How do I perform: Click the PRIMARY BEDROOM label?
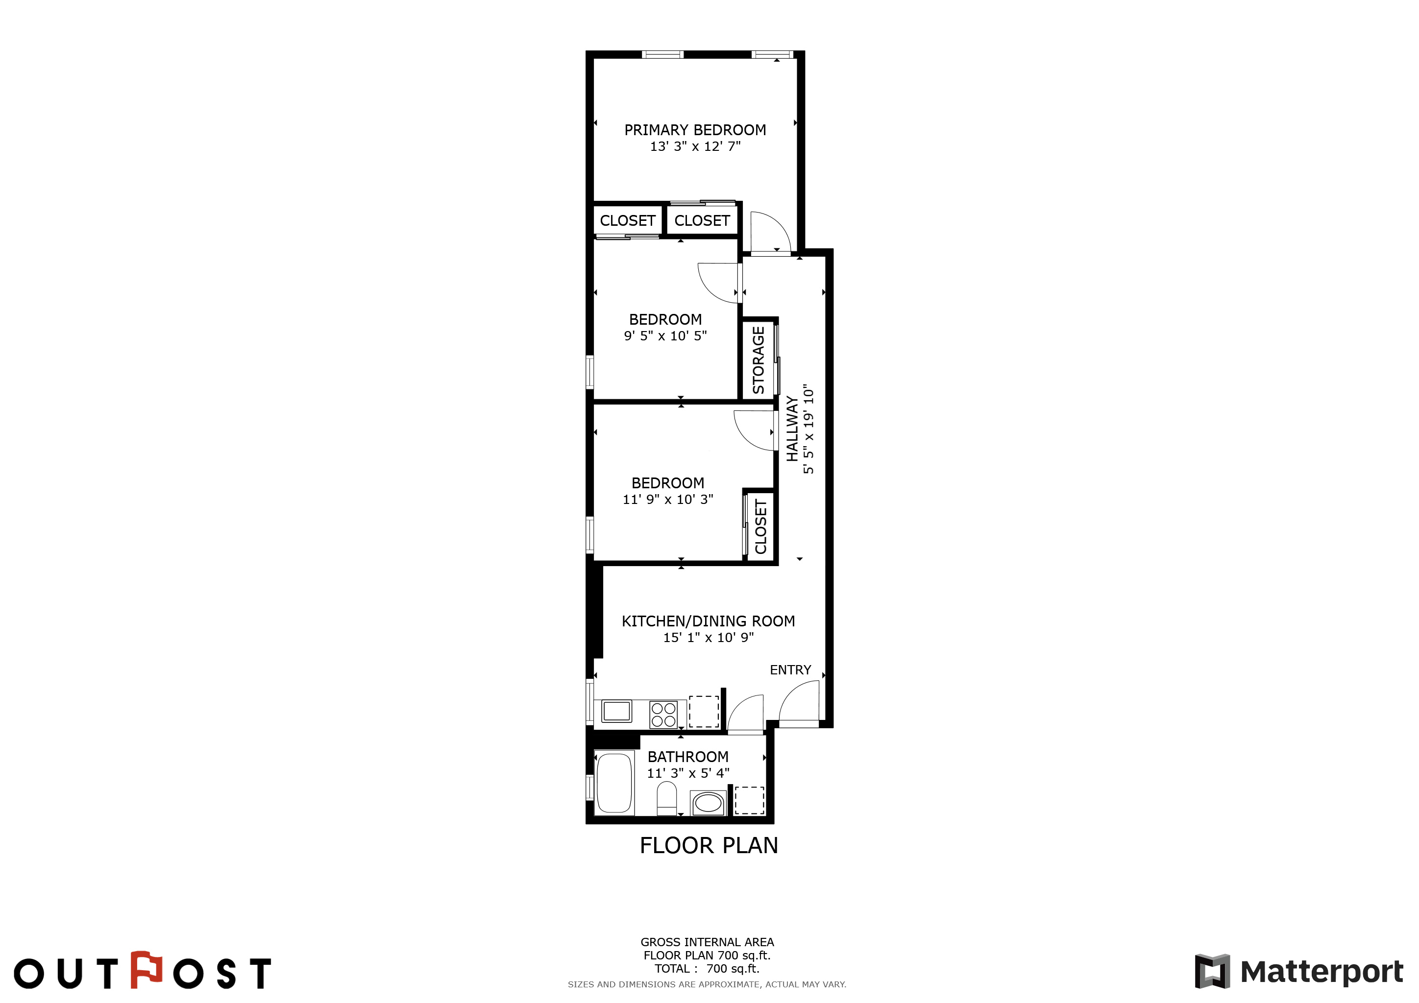(x=695, y=130)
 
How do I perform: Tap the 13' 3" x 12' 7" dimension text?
(x=695, y=146)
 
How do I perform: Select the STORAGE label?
(x=758, y=360)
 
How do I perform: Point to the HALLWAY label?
(x=792, y=429)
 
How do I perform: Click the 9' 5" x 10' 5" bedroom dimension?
(x=665, y=336)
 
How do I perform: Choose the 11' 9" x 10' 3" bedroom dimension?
(x=667, y=500)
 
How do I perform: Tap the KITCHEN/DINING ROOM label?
(x=708, y=621)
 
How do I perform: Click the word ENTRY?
(x=790, y=670)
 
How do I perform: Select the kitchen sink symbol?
(x=616, y=711)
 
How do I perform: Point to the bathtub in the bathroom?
(x=614, y=783)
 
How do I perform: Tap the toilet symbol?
(x=666, y=799)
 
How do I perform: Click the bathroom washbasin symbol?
(x=708, y=803)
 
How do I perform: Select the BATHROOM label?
(x=688, y=757)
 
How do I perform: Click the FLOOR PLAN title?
(x=709, y=845)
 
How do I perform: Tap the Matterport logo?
(x=1299, y=972)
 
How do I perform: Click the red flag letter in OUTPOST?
(x=147, y=969)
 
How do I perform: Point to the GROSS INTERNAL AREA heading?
(x=707, y=942)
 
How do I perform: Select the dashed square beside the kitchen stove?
(x=704, y=712)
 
